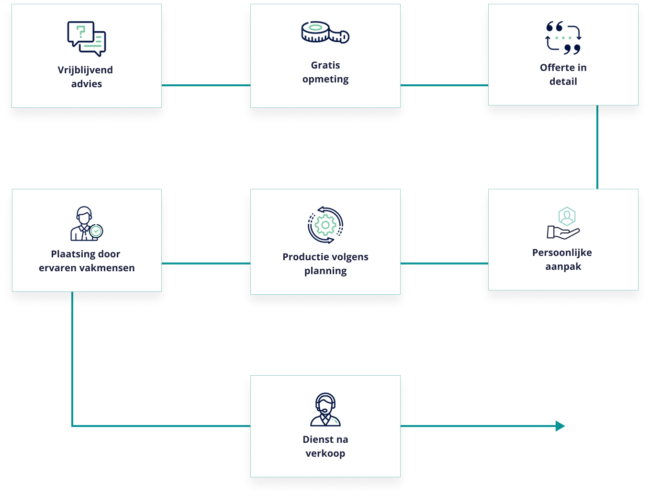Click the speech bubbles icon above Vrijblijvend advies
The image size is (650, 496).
pyautogui.click(x=87, y=39)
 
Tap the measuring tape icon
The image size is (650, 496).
pyautogui.click(x=325, y=33)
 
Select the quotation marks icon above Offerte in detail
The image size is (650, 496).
pyautogui.click(x=563, y=38)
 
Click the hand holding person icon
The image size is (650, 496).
pyautogui.click(x=563, y=223)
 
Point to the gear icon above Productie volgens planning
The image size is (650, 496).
pyautogui.click(x=325, y=225)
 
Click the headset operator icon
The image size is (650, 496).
pyautogui.click(x=325, y=410)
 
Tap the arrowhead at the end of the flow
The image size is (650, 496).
pyautogui.click(x=560, y=426)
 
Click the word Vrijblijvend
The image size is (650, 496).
pyautogui.click(x=85, y=70)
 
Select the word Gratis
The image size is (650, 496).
pyautogui.click(x=325, y=65)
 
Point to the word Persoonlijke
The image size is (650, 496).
pyautogui.click(x=562, y=253)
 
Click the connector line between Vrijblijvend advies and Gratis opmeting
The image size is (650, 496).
pyautogui.click(x=206, y=85)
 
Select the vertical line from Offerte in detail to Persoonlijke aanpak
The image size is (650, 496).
pyautogui.click(x=597, y=146)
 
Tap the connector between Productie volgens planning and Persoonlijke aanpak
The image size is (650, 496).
pyautogui.click(x=444, y=263)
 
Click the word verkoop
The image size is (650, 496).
pyautogui.click(x=325, y=453)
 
